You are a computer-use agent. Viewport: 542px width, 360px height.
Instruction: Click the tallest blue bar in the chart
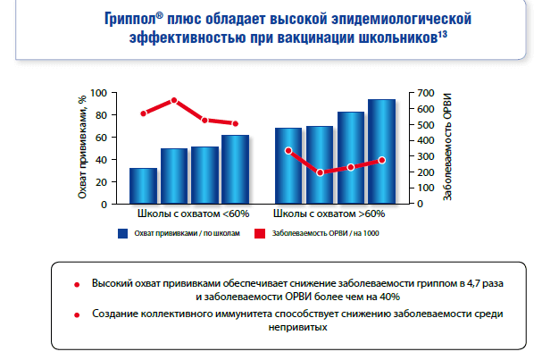tap(381, 151)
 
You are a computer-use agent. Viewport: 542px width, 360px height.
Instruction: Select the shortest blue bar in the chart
tap(143, 185)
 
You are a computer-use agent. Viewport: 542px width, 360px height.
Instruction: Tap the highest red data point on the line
tap(175, 100)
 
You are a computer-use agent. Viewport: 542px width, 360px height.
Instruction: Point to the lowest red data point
tap(320, 172)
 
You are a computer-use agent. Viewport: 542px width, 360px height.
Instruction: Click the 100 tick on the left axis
tap(98, 93)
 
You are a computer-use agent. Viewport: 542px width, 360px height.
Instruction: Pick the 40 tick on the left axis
tap(102, 159)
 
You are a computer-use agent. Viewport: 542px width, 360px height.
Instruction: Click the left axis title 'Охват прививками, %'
tap(82, 149)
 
